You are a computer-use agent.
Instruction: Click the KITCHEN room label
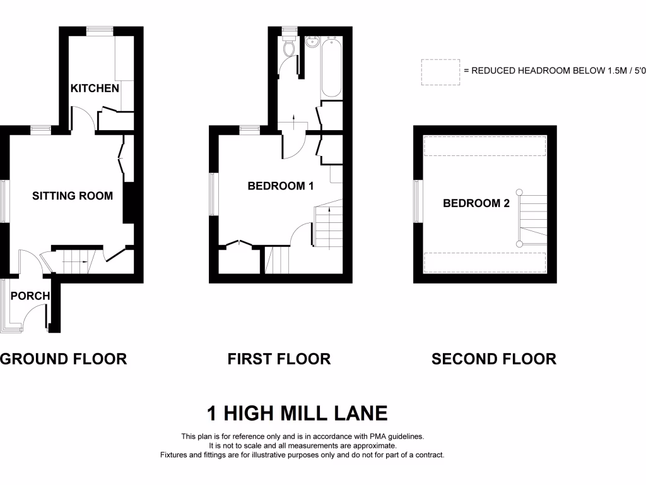[95, 88]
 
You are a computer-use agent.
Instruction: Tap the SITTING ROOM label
[73, 196]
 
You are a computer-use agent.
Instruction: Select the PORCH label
[30, 296]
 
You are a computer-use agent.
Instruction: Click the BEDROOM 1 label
[281, 186]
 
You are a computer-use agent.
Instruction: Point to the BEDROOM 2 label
[476, 203]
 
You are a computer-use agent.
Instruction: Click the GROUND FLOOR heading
[64, 359]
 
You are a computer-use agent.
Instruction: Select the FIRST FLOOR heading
[279, 359]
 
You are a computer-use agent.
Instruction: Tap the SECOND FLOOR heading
[494, 359]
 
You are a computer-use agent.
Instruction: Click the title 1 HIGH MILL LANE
[297, 414]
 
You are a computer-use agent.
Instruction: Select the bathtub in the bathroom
[332, 68]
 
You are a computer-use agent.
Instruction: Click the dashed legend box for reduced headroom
[440, 72]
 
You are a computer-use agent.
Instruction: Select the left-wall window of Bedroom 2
[417, 201]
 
